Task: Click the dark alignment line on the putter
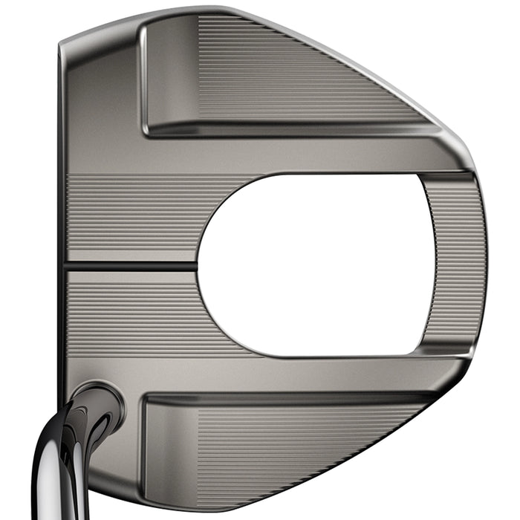coord(134,265)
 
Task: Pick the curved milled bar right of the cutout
coord(453,264)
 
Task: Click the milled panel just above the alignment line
coord(134,219)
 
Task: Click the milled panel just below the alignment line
coord(134,312)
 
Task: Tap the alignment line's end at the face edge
coord(67,265)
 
